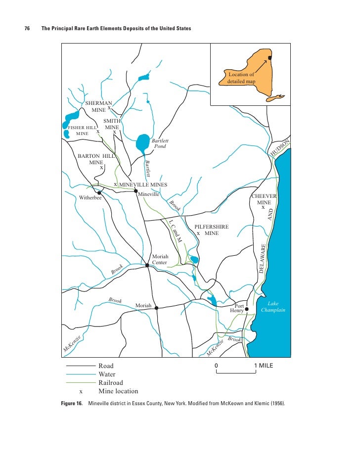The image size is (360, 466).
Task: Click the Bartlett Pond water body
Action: [142, 143]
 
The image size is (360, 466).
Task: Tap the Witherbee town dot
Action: [99, 193]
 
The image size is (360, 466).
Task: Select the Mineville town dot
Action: [136, 190]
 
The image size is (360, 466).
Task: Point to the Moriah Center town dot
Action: [147, 266]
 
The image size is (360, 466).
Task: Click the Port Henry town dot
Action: [247, 309]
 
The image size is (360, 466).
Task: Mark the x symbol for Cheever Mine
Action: [263, 208]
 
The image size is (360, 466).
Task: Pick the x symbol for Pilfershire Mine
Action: [198, 233]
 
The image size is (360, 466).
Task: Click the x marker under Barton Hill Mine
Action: [101, 168]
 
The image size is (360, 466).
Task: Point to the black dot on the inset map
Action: [270, 58]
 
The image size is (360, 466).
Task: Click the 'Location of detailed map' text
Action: [241, 77]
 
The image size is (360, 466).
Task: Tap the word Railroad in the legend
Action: [111, 382]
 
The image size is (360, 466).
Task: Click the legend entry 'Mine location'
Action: [118, 391]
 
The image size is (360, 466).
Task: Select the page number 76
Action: [28, 29]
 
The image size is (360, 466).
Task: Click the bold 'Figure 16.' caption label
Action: [71, 404]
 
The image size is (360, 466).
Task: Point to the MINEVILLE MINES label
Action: [143, 185]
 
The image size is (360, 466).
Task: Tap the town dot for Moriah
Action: [156, 308]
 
